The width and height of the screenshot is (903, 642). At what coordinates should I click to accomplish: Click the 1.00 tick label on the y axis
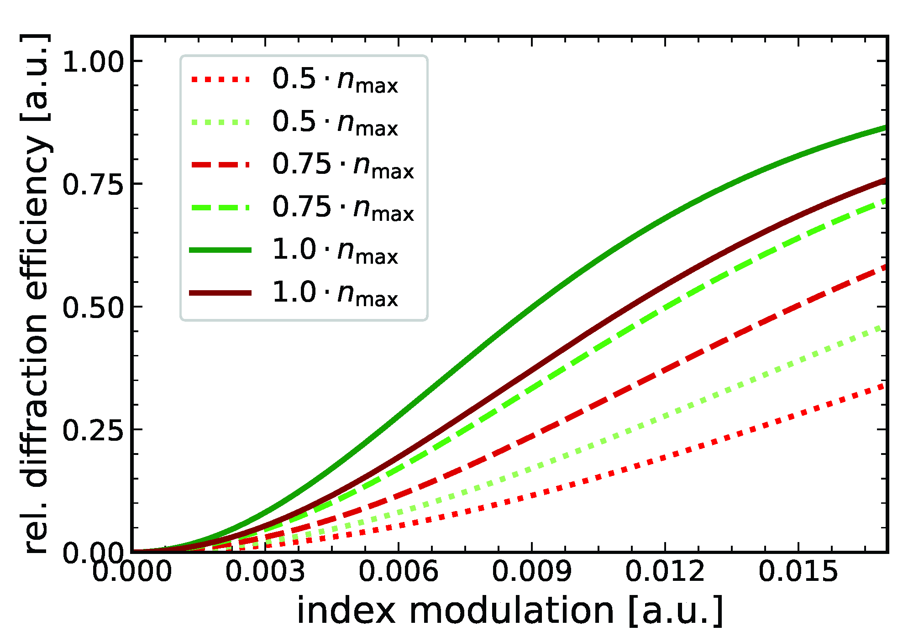[93, 62]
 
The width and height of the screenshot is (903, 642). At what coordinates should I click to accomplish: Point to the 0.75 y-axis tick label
[93, 185]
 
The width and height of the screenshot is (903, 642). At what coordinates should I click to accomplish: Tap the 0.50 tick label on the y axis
[93, 308]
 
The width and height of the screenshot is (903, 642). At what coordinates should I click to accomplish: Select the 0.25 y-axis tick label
[93, 430]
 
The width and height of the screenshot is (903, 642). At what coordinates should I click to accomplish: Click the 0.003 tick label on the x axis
[265, 571]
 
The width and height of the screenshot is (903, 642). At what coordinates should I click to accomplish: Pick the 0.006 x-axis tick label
[399, 571]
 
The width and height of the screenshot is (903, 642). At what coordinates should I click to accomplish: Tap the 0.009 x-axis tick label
[532, 571]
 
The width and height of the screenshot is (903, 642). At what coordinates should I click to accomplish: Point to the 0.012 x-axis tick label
[665, 571]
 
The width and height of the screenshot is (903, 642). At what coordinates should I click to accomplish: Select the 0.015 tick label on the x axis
[798, 571]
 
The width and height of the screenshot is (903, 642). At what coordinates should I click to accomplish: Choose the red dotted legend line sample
[220, 79]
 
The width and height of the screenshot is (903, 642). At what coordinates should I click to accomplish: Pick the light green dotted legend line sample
[220, 122]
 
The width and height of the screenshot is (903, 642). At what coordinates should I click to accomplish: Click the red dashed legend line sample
[220, 165]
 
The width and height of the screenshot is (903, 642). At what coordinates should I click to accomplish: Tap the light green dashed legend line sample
[220, 208]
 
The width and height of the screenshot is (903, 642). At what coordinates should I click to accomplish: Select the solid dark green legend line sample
[220, 250]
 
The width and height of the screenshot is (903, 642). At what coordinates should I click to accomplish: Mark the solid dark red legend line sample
[220, 292]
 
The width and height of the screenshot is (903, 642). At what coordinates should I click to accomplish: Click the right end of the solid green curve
[885, 128]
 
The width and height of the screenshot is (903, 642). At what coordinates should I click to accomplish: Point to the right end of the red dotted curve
[884, 386]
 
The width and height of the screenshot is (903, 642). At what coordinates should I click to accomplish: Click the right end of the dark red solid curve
[885, 181]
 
